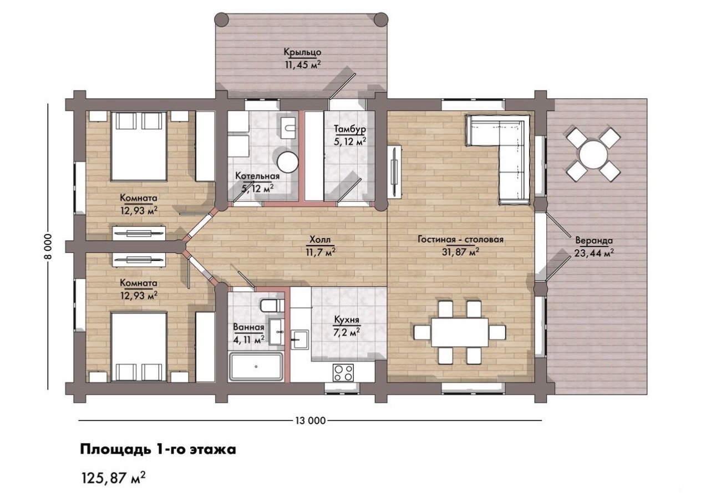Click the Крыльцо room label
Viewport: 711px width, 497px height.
click(x=302, y=52)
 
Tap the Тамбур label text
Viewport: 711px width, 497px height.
click(x=350, y=129)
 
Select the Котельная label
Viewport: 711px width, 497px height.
click(x=257, y=176)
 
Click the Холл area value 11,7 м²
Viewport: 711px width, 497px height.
click(x=321, y=252)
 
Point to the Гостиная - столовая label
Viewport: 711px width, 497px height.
click(x=460, y=239)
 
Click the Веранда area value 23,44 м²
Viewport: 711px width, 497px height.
click(x=594, y=253)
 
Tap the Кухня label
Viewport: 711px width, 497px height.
click(x=347, y=320)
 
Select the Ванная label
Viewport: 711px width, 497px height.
click(x=248, y=327)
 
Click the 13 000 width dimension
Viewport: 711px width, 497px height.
click(x=311, y=421)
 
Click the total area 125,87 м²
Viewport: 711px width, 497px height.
click(x=114, y=478)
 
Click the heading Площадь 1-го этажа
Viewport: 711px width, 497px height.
click(x=158, y=450)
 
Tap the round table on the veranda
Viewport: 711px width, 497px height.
click(x=593, y=155)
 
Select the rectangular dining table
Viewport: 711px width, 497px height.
click(x=459, y=332)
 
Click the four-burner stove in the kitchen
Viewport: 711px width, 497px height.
click(x=343, y=373)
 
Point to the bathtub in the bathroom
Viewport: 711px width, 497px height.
click(x=256, y=366)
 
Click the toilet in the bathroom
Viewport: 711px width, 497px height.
click(x=272, y=306)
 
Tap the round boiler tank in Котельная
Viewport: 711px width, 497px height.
click(x=288, y=162)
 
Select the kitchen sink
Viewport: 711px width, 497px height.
click(x=300, y=339)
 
